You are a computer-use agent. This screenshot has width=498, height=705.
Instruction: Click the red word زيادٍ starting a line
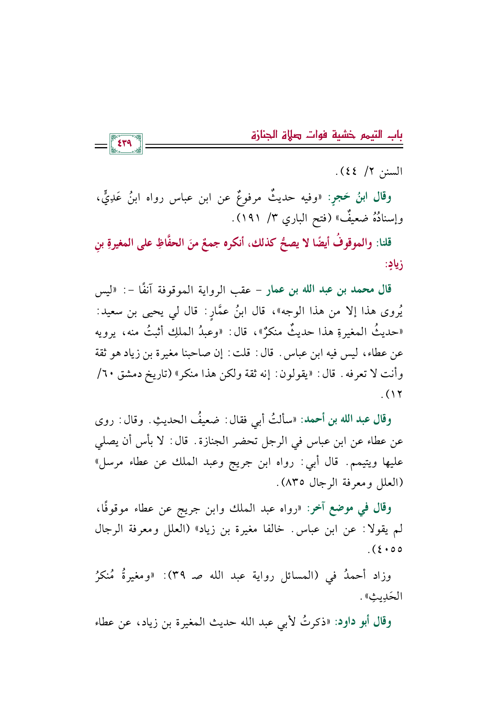(x=394, y=265)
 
